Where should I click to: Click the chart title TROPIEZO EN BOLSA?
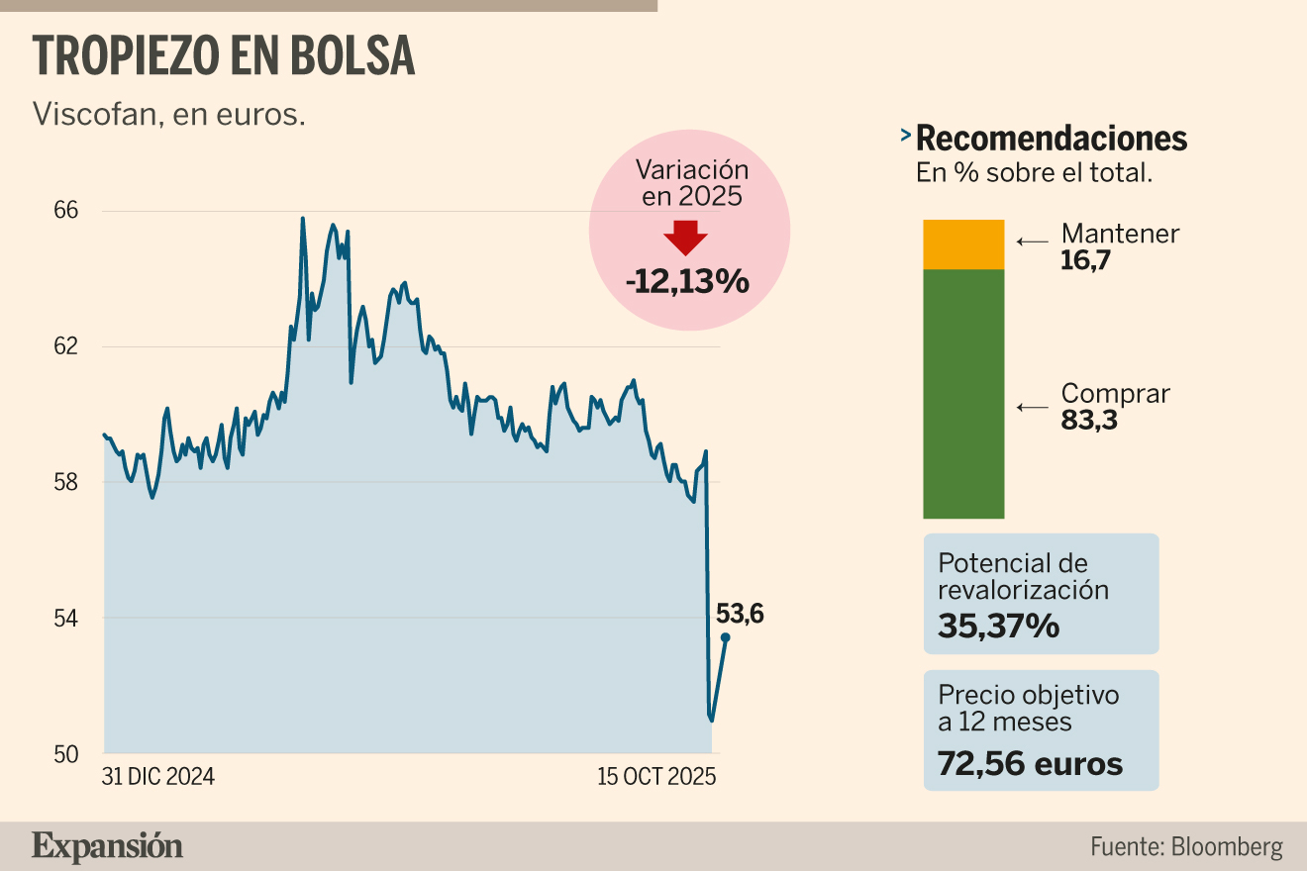(224, 56)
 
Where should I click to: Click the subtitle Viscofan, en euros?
(168, 114)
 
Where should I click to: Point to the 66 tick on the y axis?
(64, 211)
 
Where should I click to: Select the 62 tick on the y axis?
(64, 346)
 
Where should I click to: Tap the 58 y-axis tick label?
(64, 482)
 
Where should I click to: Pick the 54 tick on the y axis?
(64, 618)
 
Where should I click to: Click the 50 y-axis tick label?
(64, 753)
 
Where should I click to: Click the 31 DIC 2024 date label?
(158, 777)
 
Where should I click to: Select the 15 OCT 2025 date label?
(655, 777)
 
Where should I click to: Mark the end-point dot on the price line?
(726, 637)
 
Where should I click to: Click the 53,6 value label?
(740, 614)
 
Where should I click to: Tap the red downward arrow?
(685, 238)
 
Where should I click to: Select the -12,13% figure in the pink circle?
(687, 282)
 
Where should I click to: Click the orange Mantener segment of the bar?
(963, 244)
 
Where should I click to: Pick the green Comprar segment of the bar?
(963, 393)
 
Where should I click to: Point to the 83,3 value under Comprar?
(1088, 420)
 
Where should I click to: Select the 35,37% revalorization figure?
(999, 626)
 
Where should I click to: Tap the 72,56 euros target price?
(1030, 763)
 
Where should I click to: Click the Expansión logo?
(107, 846)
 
